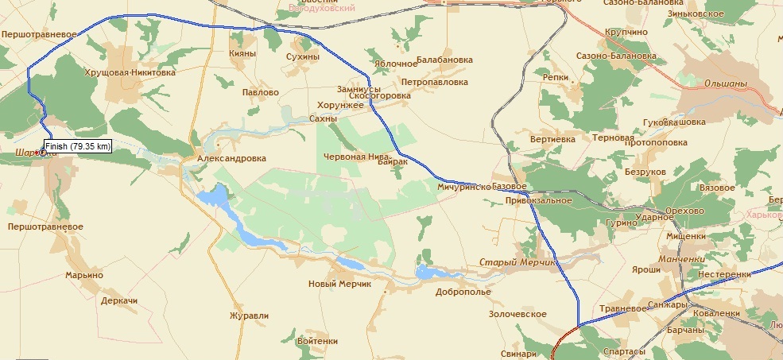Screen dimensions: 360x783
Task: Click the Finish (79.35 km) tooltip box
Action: point(77,146)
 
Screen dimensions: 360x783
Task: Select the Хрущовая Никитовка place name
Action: point(130,72)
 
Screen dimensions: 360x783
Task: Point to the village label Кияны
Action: point(242,53)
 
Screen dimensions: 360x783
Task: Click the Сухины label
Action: point(302,57)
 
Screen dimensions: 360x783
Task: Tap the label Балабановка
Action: point(444,60)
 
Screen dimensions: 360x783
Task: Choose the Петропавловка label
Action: point(434,81)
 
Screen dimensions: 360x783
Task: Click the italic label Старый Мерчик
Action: point(519,262)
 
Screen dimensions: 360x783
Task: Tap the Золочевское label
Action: point(517,314)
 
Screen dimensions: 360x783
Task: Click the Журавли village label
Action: point(249,315)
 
